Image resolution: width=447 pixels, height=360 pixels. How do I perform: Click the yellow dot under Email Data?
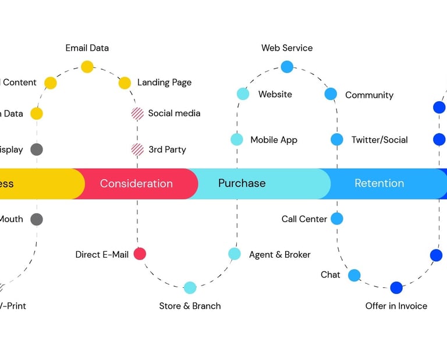coord(87,67)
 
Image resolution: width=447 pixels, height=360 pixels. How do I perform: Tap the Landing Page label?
coord(164,83)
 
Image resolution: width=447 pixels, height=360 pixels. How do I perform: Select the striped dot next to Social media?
coord(137,113)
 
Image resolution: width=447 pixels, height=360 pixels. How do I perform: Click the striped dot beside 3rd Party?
coord(137,149)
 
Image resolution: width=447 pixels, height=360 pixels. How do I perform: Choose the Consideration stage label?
coord(136,184)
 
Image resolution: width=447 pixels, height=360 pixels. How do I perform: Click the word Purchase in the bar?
coord(242,183)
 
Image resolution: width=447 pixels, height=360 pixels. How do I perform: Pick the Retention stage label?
coord(379,184)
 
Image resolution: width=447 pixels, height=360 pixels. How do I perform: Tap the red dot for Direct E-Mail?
coord(140,254)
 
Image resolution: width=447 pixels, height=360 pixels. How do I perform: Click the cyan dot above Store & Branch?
coord(190,287)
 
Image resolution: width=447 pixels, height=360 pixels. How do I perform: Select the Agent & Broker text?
coord(279,255)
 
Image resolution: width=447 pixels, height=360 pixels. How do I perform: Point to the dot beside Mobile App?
coord(237,140)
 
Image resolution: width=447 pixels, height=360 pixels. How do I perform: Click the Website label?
coord(275,94)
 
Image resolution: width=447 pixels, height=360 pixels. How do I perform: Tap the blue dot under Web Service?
coord(287,67)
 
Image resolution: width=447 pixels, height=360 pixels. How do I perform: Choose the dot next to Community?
coord(331,94)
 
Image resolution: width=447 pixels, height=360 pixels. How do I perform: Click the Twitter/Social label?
coord(379,140)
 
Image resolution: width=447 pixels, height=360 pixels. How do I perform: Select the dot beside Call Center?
coord(337,219)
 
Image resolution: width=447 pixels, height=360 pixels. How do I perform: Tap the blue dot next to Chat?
coord(354,275)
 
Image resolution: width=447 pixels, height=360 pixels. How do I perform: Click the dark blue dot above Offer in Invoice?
coord(396,287)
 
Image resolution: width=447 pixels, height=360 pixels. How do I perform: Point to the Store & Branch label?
coord(190,306)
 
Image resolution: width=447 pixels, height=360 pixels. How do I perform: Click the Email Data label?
coord(87,48)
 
